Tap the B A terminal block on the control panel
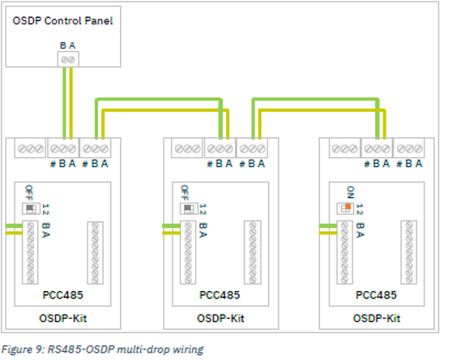[x=67, y=60]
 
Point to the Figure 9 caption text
[x=104, y=349]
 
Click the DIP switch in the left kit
[x=32, y=208]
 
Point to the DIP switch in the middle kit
[x=188, y=208]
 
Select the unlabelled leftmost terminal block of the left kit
[x=30, y=149]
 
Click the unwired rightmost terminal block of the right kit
[x=410, y=149]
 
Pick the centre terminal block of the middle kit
[x=220, y=149]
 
